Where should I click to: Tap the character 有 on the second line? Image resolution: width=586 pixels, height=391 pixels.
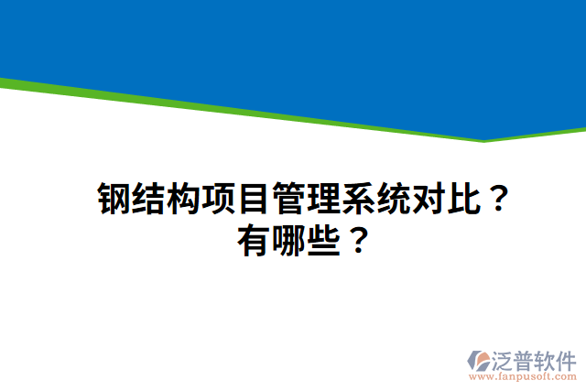pos(253,242)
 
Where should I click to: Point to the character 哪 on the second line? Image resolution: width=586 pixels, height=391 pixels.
pos(286,242)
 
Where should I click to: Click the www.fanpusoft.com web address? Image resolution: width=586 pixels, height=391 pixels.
pos(523,375)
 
